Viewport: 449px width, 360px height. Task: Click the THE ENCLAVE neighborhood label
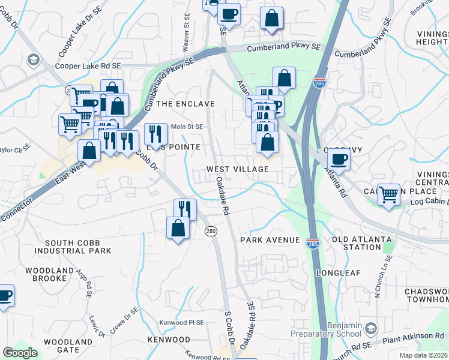point(185,104)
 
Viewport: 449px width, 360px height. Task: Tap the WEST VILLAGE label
point(238,170)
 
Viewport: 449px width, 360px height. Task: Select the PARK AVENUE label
point(270,240)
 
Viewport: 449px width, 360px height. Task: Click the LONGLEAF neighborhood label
point(339,273)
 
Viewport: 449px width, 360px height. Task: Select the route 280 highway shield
point(212,232)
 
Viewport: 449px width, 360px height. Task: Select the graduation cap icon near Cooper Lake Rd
point(33,59)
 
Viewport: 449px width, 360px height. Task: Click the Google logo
point(20,353)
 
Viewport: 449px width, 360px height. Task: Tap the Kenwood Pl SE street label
point(181,323)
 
